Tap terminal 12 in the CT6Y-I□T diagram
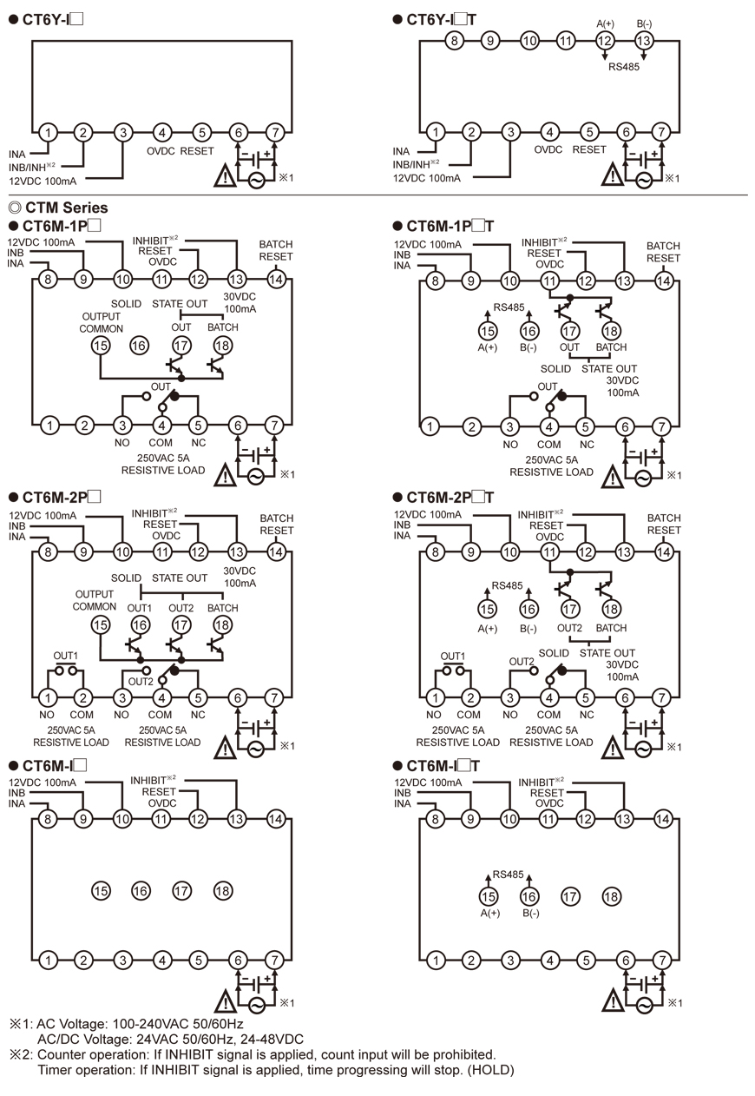tap(606, 40)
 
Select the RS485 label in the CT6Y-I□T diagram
tap(624, 66)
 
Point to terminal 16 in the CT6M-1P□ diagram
tap(140, 345)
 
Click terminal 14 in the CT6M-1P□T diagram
tap(663, 281)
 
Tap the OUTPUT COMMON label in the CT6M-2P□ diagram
tap(95, 600)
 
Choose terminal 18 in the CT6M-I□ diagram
tap(223, 890)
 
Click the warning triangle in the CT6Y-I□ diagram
tap(226, 178)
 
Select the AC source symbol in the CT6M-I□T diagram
tap(644, 1005)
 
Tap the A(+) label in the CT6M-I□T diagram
tap(489, 913)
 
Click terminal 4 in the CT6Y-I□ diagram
tap(162, 133)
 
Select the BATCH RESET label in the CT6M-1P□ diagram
tap(276, 251)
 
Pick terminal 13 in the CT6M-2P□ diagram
tap(237, 551)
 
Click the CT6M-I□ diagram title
tap(55, 765)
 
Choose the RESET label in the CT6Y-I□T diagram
tap(589, 149)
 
